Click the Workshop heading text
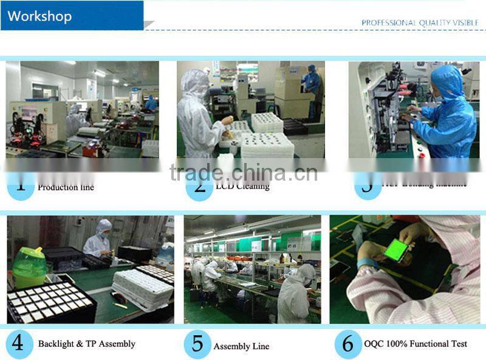39,16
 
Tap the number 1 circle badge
21,185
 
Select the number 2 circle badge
199,185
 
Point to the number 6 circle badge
347,344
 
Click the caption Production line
66,187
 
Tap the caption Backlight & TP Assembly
86,344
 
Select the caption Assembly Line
241,346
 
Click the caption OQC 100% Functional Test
416,344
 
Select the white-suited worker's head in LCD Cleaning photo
195,83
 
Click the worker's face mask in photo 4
104,234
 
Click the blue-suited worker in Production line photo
150,103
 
